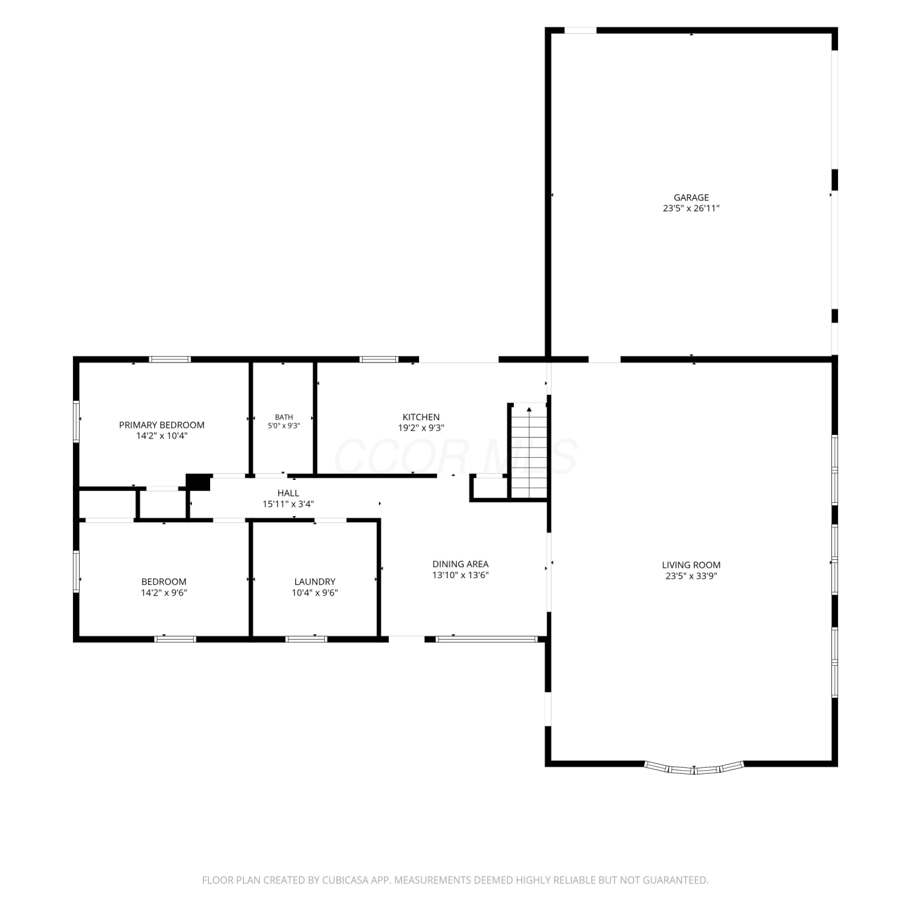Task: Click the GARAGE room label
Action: [691, 197]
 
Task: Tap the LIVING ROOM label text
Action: [691, 565]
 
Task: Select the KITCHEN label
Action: [421, 417]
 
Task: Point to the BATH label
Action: [284, 417]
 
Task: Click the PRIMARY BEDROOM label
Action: [162, 425]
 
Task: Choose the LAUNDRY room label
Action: [315, 582]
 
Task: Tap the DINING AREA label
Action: [460, 564]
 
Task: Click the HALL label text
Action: [288, 493]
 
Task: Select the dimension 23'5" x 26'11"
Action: [691, 208]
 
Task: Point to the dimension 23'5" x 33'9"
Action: [691, 576]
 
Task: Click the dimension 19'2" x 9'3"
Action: [421, 428]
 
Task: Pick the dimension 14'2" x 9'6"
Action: [164, 593]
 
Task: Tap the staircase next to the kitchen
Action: [529, 451]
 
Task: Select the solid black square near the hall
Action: [199, 482]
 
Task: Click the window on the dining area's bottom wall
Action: [487, 639]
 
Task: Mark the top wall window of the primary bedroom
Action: [170, 360]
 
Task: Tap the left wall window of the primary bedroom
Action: [77, 420]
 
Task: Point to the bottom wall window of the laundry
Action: [306, 639]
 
